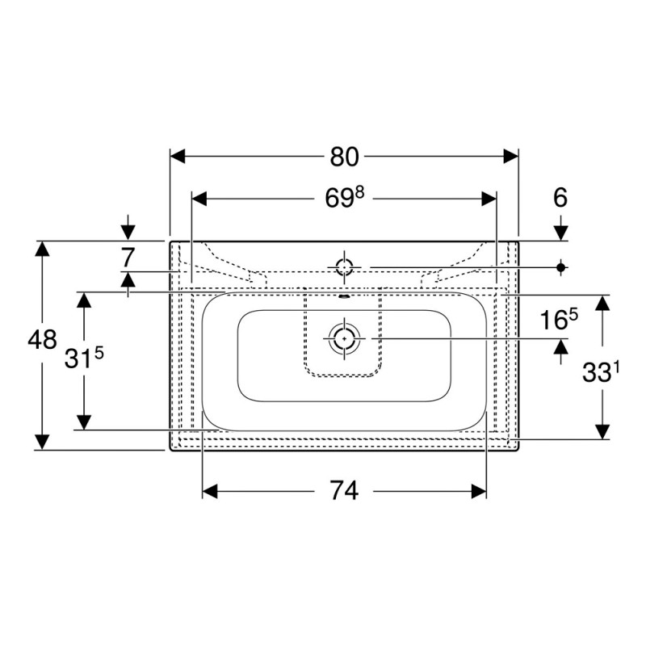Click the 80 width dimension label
344,157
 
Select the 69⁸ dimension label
345,198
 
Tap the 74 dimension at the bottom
345,491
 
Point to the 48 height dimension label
42,340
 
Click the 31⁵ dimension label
84,358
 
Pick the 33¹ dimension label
601,372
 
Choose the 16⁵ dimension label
559,319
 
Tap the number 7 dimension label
128,258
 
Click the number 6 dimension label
560,197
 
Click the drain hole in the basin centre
344,338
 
